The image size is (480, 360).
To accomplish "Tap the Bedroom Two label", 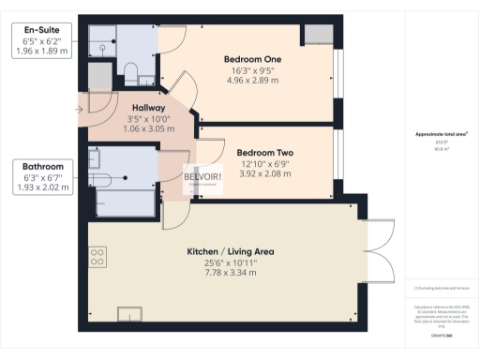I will [265, 153].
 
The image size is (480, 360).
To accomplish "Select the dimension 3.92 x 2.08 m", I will [265, 174].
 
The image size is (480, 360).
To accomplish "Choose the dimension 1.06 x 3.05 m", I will [147, 129].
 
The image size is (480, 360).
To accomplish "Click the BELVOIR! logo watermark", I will [203, 178].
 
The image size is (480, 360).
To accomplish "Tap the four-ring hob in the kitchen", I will [97, 255].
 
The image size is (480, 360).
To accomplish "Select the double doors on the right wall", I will [377, 246].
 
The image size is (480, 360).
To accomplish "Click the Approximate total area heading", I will [442, 134].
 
